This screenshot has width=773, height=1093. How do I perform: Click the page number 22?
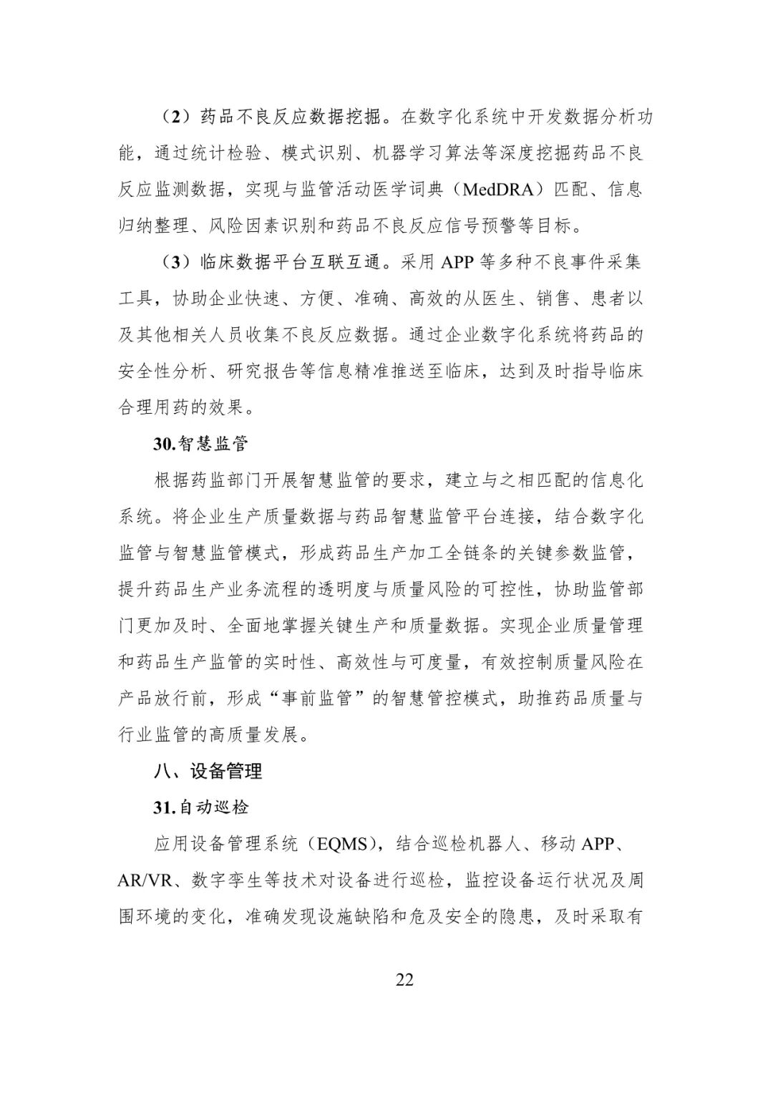pyautogui.click(x=404, y=979)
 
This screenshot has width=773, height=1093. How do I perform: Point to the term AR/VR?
pyautogui.click(x=145, y=880)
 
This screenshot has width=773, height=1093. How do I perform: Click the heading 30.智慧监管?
pyautogui.click(x=200, y=444)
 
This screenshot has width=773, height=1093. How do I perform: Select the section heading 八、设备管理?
pyautogui.click(x=208, y=771)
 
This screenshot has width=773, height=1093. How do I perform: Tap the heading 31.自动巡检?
pyautogui.click(x=200, y=807)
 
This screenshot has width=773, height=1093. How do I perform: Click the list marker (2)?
pyautogui.click(x=172, y=117)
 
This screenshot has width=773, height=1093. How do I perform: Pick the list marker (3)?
pyautogui.click(x=172, y=262)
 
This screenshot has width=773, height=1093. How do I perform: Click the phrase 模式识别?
pyautogui.click(x=318, y=152)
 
